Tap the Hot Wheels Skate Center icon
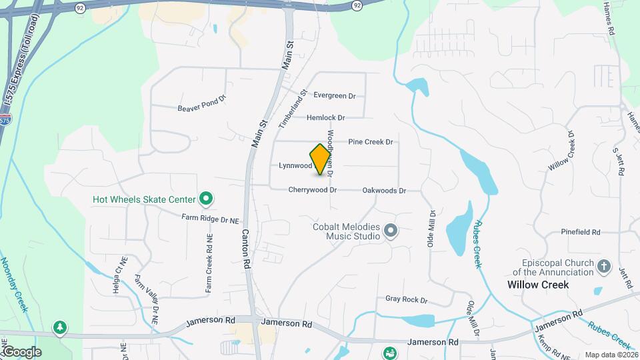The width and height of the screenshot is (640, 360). pos(206,199)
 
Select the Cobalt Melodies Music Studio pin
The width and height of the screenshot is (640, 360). pos(391,231)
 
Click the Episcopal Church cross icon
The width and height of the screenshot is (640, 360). pos(604,267)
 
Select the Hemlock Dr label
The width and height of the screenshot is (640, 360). pos(325,118)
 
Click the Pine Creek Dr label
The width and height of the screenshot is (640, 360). pos(371,142)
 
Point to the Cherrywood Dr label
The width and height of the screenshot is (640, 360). pos(312,190)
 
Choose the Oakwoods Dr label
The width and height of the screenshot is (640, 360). pos(384,191)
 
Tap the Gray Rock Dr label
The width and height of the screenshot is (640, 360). pos(406,300)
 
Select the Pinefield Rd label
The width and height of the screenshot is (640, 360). pos(581,233)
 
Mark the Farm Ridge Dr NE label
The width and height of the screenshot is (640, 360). pos(210,218)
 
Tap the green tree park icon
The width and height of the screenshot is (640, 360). pos(61,327)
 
